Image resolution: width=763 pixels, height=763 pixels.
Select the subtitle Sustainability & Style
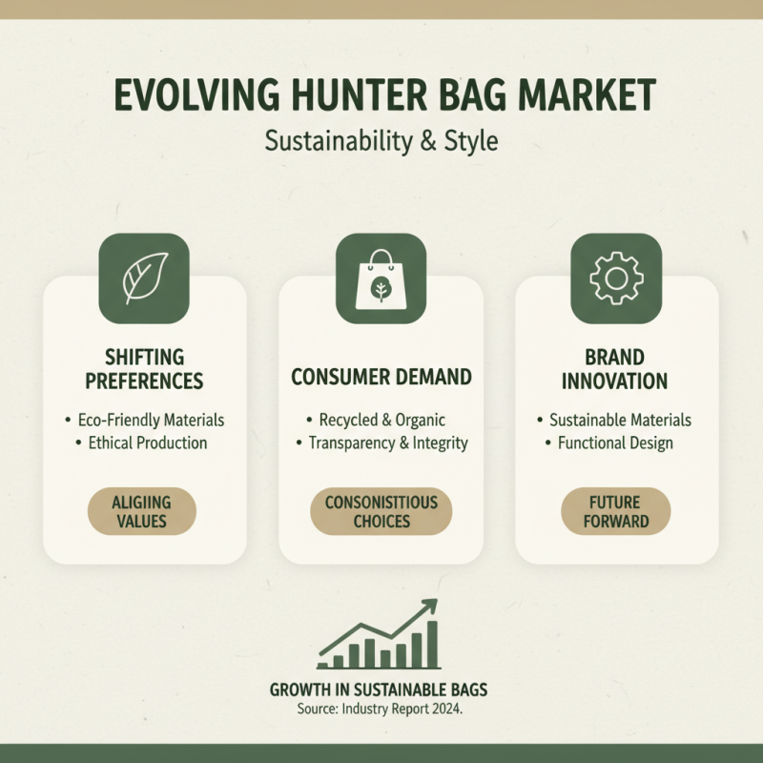[x=381, y=142]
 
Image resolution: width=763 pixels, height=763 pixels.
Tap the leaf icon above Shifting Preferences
[x=145, y=278]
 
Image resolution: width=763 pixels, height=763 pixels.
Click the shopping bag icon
[x=381, y=278]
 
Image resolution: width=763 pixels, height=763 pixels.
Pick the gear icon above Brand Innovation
[x=615, y=278]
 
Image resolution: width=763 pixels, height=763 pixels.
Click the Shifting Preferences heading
[x=145, y=369]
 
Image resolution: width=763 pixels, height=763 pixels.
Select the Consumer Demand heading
[x=381, y=377]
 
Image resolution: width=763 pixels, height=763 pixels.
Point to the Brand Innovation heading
[x=615, y=369]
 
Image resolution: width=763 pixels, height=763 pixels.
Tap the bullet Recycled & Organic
[x=381, y=420]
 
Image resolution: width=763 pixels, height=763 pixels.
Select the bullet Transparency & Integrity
[x=381, y=443]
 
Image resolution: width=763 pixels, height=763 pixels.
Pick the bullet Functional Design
[x=615, y=443]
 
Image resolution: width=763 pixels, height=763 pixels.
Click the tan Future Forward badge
[x=616, y=511]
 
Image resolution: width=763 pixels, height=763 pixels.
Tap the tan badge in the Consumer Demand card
[x=381, y=511]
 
